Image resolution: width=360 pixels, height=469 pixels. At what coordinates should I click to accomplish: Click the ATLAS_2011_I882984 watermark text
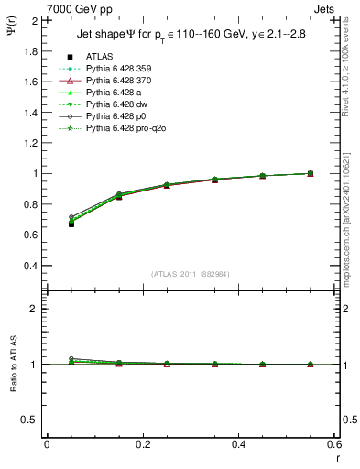pos(191,274)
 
